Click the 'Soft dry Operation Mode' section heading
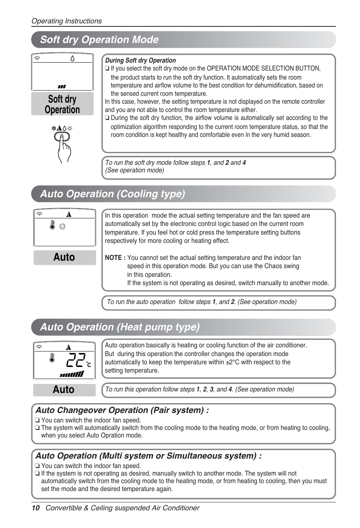pyautogui.click(x=99, y=40)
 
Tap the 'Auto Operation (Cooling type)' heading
pyautogui.click(x=112, y=194)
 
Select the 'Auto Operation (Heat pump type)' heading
pyautogui.click(x=120, y=327)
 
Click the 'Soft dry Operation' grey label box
pyautogui.click(x=62, y=104)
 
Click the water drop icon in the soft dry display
pyautogui.click(x=72, y=58)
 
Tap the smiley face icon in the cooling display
pyautogui.click(x=63, y=226)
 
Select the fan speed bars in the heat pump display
pyautogui.click(x=72, y=374)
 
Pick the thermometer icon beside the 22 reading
pyautogui.click(x=52, y=358)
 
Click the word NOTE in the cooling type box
pyautogui.click(x=113, y=258)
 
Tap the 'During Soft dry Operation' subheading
pyautogui.click(x=140, y=60)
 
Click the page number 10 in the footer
pyautogui.click(x=35, y=508)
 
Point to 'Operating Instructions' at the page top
pyautogui.click(x=66, y=21)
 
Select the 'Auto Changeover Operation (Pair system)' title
pyautogui.click(x=122, y=410)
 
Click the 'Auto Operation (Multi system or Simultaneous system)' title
pyautogui.click(x=148, y=456)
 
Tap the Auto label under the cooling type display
pyautogui.click(x=64, y=257)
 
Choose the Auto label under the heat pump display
pyautogui.click(x=64, y=390)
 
